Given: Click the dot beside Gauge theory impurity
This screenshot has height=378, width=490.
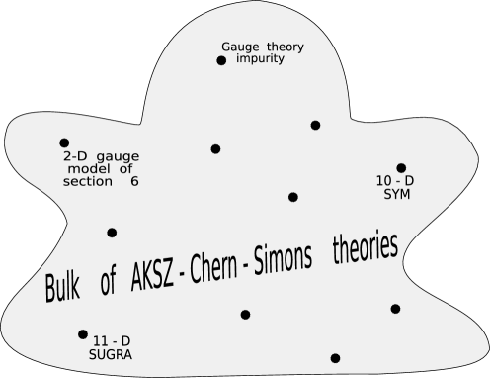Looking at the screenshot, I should coord(221,61).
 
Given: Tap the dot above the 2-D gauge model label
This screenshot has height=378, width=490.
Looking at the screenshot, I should coord(64,143).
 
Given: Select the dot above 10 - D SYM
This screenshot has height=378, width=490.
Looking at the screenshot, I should coord(401,168).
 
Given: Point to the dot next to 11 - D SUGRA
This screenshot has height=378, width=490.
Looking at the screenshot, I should coord(83,334).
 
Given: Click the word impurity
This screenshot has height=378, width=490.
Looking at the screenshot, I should coord(261,58).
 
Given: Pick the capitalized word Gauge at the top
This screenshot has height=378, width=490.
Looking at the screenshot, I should coord(241,47).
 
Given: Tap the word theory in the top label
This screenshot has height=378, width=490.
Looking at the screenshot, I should coord(286,47).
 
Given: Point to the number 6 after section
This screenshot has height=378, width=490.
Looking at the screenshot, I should coord(134,182).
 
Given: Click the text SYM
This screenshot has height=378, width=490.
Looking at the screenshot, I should coord(396,194).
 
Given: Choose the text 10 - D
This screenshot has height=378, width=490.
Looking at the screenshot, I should coord(396,181).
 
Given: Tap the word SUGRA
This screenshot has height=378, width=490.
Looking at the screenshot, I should coord(111,353).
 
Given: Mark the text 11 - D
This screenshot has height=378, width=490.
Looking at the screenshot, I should coord(111,341).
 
